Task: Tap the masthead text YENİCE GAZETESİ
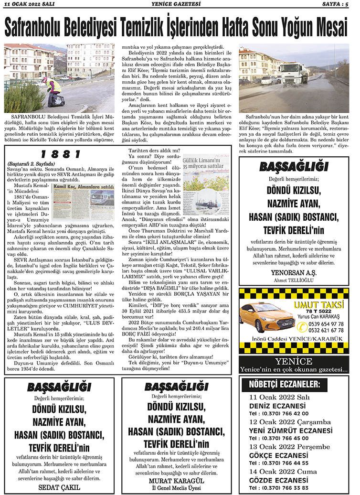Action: [180, 5]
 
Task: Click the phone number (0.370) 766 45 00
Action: [279, 438]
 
